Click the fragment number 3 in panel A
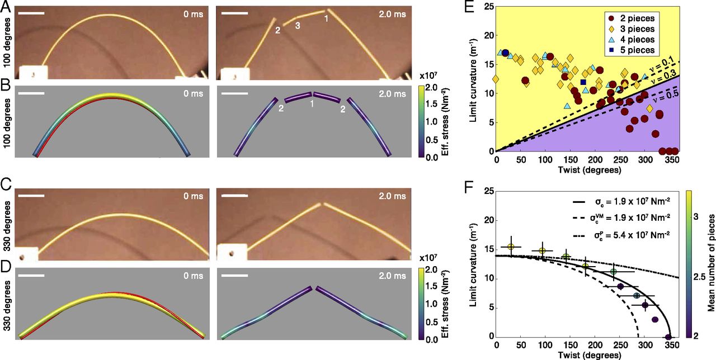[x=298, y=26]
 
